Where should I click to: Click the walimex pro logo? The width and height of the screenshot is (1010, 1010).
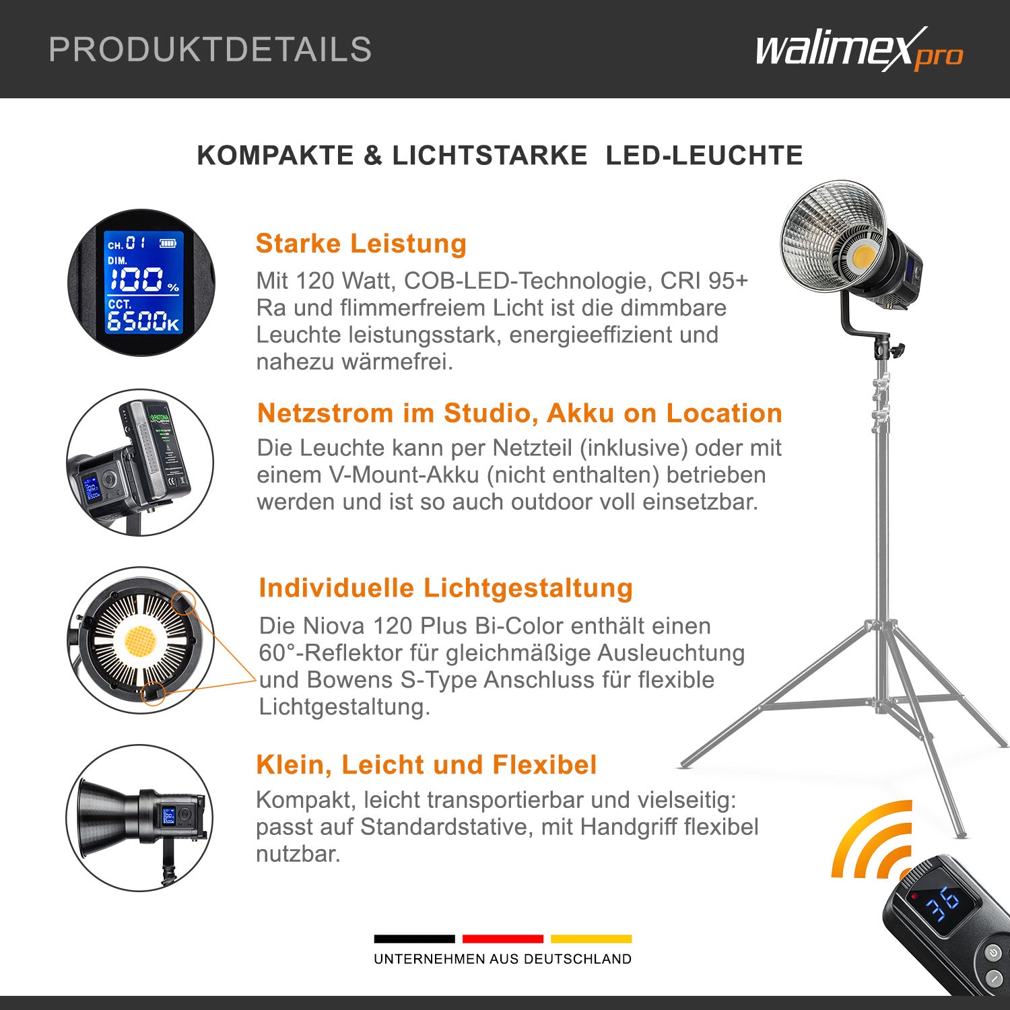pyautogui.click(x=858, y=50)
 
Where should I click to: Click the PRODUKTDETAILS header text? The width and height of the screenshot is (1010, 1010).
pyautogui.click(x=210, y=50)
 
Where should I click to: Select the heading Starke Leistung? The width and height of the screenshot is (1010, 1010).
pyautogui.click(x=361, y=244)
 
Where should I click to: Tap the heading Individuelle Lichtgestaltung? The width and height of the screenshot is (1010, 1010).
pyautogui.click(x=446, y=588)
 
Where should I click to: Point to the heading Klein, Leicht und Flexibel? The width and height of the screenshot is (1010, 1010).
pyautogui.click(x=426, y=765)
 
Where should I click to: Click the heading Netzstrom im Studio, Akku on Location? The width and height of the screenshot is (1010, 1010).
pyautogui.click(x=519, y=413)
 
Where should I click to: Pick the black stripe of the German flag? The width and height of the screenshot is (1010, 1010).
pyautogui.click(x=414, y=939)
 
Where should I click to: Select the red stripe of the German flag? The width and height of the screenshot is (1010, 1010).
pyautogui.click(x=502, y=939)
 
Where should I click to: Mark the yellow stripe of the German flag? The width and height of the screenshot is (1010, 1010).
pyautogui.click(x=591, y=939)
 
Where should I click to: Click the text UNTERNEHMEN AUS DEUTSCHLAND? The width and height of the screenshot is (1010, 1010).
pyautogui.click(x=502, y=959)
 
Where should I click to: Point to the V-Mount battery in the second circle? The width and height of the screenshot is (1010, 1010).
pyautogui.click(x=157, y=448)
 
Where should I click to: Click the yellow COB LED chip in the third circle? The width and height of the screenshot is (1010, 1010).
pyautogui.click(x=140, y=640)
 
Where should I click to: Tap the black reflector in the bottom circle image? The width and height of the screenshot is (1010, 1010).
pyautogui.click(x=108, y=818)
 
